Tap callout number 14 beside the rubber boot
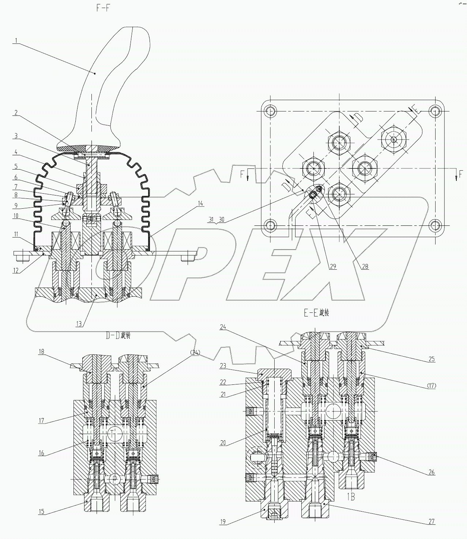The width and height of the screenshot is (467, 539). (x=201, y=203)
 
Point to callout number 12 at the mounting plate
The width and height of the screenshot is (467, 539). (x=16, y=270)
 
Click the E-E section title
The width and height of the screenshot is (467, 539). (x=316, y=313)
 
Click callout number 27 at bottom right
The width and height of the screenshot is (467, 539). (x=432, y=521)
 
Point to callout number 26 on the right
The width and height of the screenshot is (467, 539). (x=432, y=472)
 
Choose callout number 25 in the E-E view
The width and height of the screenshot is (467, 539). (x=432, y=359)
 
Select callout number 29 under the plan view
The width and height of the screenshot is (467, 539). (x=332, y=266)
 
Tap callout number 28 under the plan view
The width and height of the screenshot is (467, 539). (x=365, y=266)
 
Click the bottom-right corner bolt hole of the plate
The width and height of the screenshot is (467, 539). (x=434, y=225)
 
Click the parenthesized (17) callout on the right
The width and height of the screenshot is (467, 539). (x=432, y=385)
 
